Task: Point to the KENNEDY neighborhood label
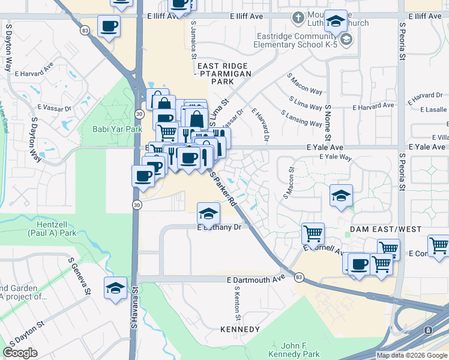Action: (x=240, y=329)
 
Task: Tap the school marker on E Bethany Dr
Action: (x=208, y=213)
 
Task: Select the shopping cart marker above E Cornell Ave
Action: (x=313, y=233)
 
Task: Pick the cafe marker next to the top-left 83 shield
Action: (x=109, y=26)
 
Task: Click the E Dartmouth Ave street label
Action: (x=255, y=280)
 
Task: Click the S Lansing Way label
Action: (x=302, y=118)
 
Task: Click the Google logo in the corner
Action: (x=20, y=353)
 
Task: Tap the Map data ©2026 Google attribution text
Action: (x=412, y=355)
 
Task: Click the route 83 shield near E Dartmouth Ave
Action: (x=298, y=277)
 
